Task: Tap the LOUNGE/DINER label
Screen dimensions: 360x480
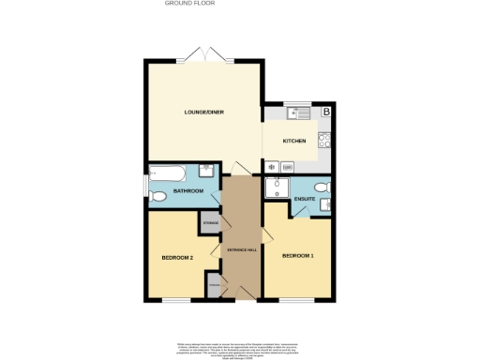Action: (202, 112)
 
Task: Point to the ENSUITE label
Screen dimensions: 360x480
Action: (304, 199)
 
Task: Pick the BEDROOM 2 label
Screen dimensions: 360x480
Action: (177, 258)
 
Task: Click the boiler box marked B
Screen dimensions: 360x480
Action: (326, 112)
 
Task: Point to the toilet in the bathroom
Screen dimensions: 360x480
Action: (157, 196)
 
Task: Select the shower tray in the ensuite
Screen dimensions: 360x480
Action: (277, 188)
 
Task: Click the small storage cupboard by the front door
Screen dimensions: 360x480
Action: (214, 285)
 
